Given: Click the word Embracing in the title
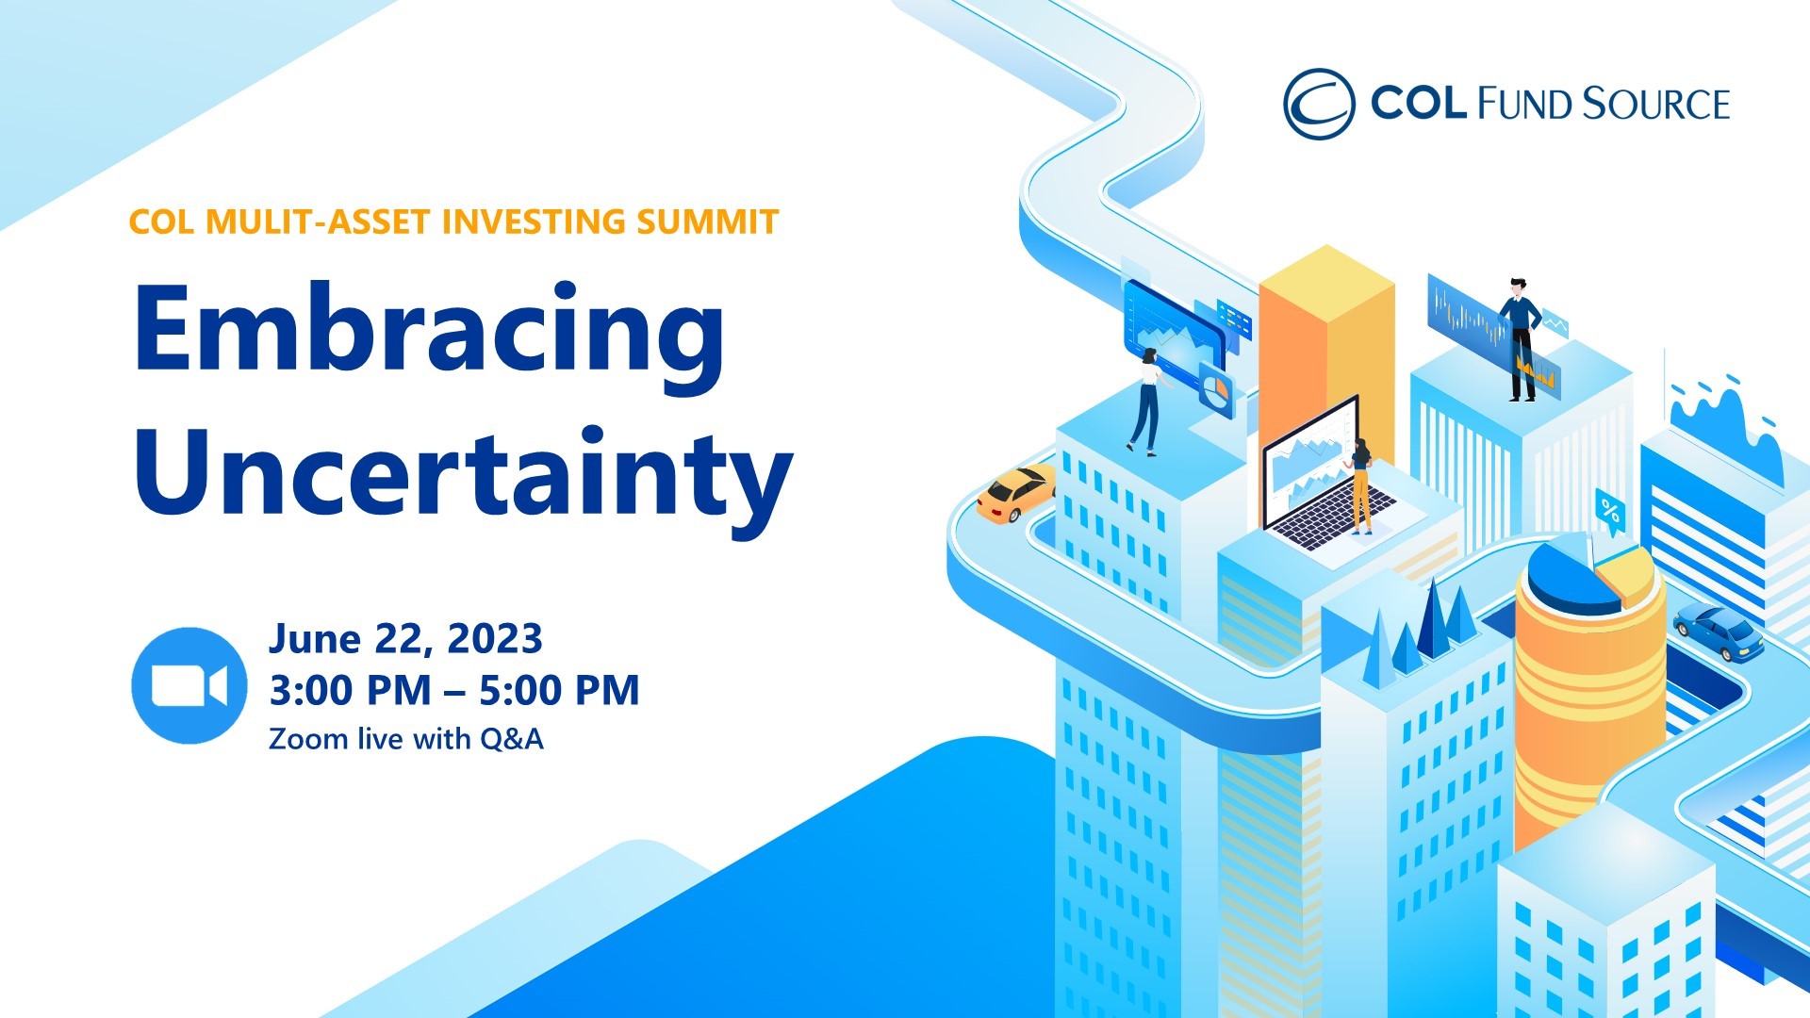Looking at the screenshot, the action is click(x=430, y=337).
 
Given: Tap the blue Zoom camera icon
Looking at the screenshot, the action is click(x=189, y=685).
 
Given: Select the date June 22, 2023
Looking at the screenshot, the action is click(x=405, y=639).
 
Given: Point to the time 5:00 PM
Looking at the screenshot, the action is click(x=559, y=690).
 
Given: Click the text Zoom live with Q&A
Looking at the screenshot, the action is click(x=406, y=738).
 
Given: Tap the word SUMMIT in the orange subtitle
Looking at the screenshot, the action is click(x=707, y=222).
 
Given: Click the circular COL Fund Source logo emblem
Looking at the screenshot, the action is click(x=1319, y=104).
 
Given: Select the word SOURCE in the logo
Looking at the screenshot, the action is click(x=1656, y=104).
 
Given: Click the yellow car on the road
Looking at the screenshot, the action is click(x=1015, y=493).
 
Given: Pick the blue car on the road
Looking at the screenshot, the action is click(x=1719, y=632).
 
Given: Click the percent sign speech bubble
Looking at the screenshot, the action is click(x=1610, y=513).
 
